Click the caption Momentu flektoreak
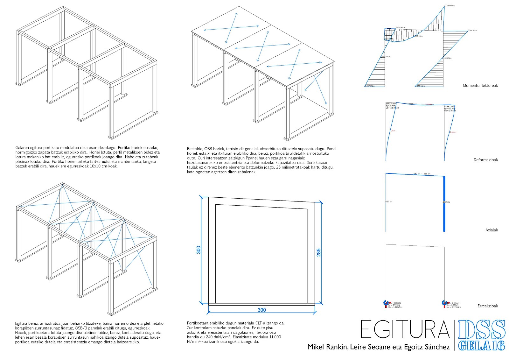480,86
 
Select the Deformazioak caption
485,160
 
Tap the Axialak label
492,230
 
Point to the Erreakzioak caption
488,306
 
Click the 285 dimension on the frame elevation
318,252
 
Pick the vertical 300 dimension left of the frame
199,250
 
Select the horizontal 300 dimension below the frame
261,310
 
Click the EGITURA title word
405,329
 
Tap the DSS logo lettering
482,329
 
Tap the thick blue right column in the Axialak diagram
444,204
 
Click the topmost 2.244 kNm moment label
449,6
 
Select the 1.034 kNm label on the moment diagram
401,28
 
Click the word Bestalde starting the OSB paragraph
194,149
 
